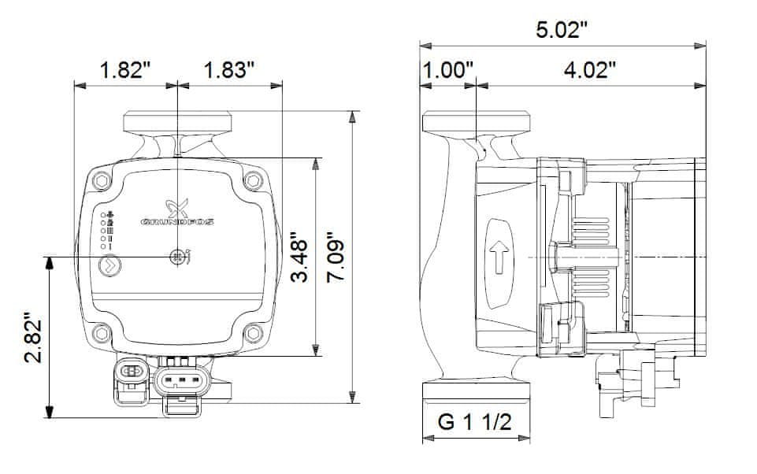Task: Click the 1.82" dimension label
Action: (x=125, y=70)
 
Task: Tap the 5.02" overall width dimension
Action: (x=562, y=31)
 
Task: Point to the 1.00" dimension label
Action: (x=447, y=70)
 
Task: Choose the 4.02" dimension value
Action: (x=589, y=70)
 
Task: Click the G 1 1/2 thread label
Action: (x=476, y=423)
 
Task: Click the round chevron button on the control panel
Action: (x=109, y=265)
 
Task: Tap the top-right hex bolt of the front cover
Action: (x=252, y=181)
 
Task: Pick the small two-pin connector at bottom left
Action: (x=132, y=372)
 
